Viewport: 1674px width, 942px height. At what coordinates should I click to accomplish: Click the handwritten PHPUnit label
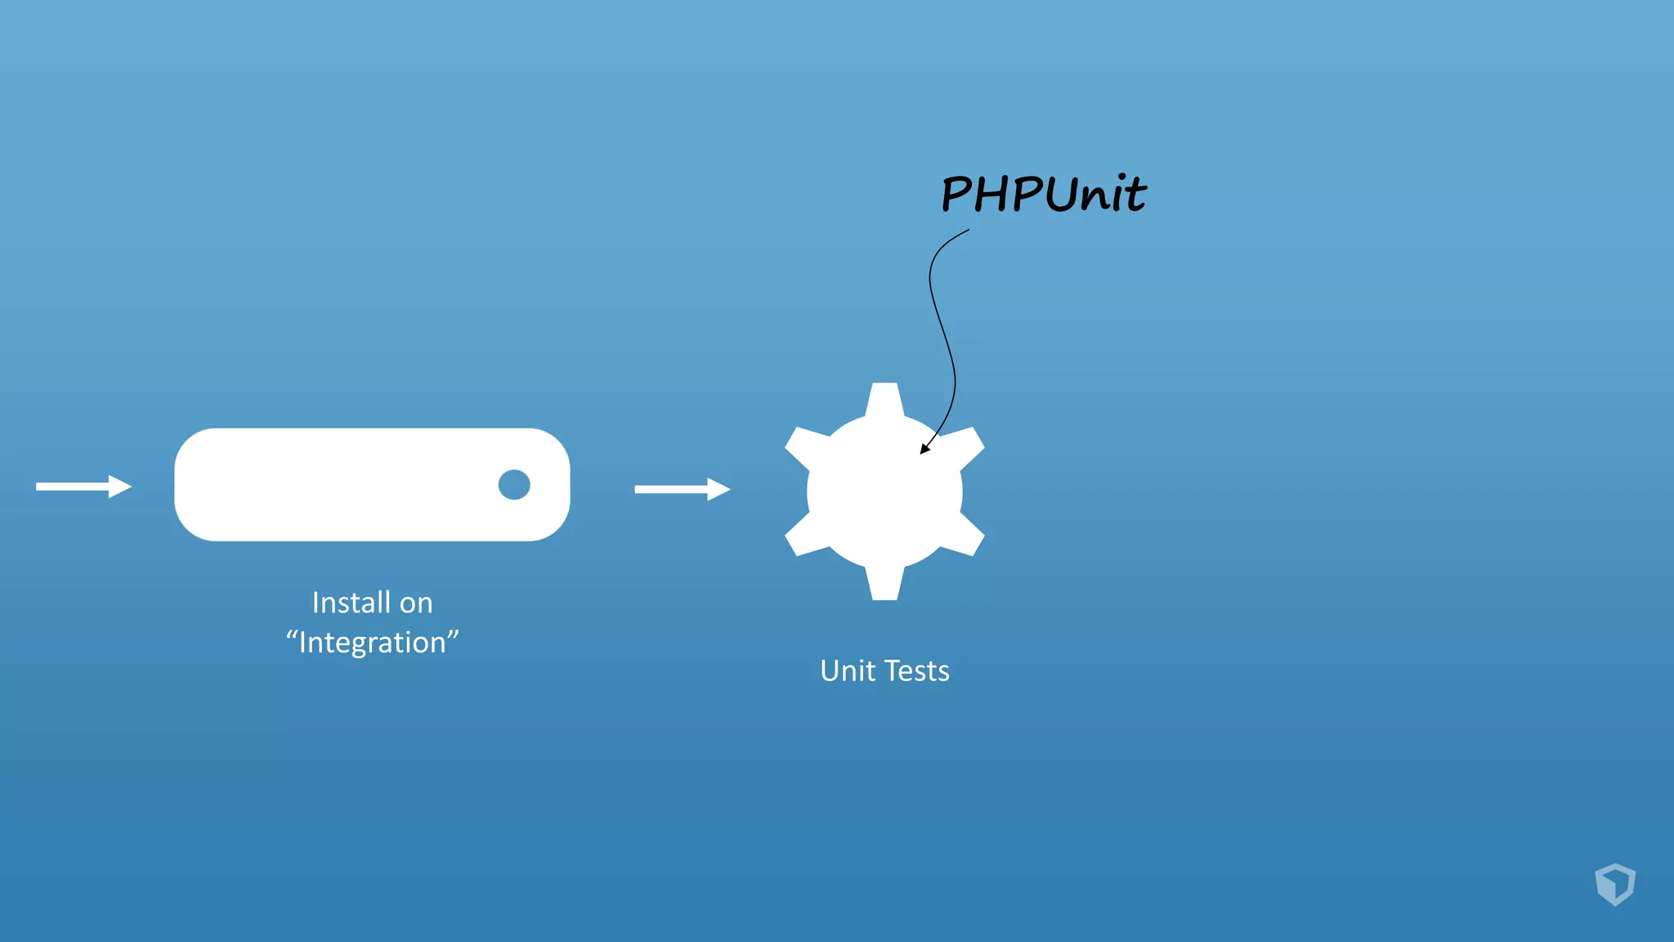click(1044, 194)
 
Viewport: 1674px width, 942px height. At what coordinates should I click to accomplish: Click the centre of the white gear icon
click(884, 491)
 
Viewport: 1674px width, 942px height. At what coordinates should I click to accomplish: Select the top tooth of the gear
click(884, 398)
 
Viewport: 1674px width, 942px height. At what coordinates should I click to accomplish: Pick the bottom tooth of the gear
click(884, 584)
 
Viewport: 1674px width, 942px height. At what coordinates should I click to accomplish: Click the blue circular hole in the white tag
click(514, 485)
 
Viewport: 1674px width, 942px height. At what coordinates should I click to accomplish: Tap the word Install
click(351, 603)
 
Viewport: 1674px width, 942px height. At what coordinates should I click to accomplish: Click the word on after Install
click(416, 603)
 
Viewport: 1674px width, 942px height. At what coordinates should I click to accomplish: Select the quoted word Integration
click(372, 643)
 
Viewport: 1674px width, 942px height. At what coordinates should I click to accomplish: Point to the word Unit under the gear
click(848, 671)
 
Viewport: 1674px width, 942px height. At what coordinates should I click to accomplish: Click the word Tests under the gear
click(916, 671)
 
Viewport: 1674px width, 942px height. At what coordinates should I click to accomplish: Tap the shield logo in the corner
click(1615, 884)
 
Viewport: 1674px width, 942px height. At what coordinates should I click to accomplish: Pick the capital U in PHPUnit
click(1060, 194)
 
